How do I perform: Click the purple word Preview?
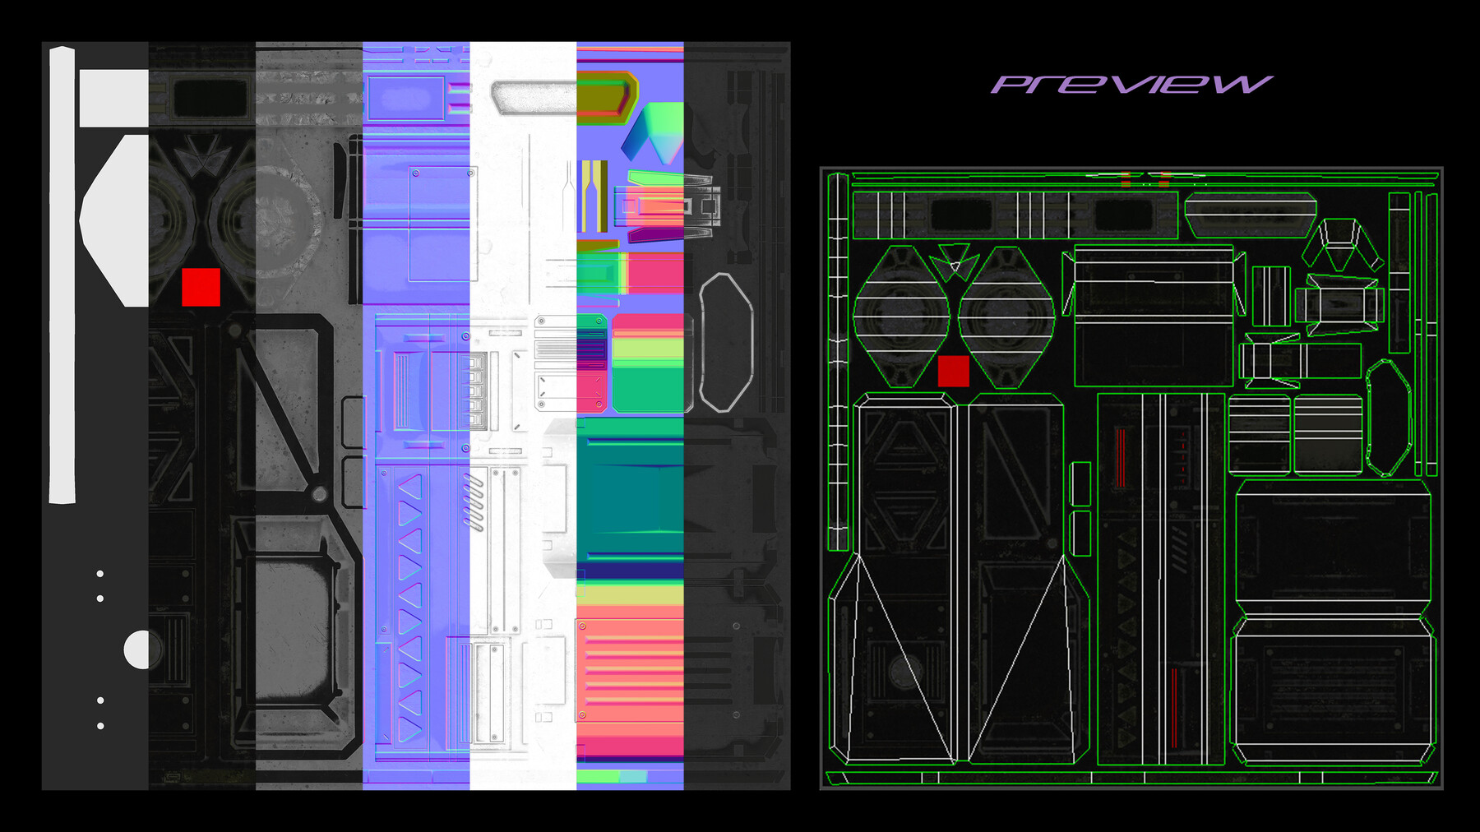pos(1131,84)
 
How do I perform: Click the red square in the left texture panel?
pos(201,287)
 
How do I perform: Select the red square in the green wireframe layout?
pos(954,371)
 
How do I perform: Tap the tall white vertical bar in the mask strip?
pos(62,275)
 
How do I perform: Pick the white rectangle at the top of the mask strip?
pos(114,98)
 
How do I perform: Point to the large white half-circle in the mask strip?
pos(137,649)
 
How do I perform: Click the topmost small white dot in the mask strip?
pos(100,574)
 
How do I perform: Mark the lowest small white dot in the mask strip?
pos(100,726)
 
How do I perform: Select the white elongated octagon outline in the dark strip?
pos(726,342)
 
